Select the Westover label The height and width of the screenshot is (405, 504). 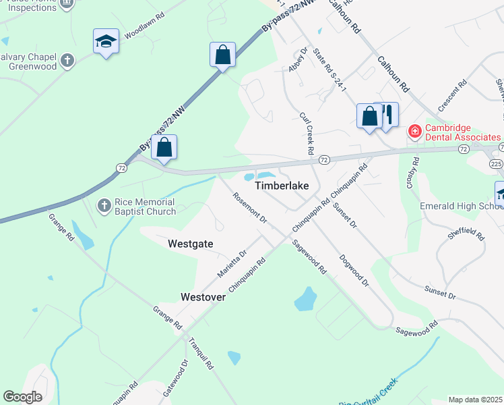point(203,297)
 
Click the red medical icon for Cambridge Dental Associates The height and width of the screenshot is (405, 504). point(414,130)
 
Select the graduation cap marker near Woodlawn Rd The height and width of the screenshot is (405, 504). point(106,43)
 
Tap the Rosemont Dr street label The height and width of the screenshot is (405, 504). point(250,209)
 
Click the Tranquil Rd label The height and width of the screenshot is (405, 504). point(201,354)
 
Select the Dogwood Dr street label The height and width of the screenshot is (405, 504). point(354,270)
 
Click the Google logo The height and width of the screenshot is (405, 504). point(22,397)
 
